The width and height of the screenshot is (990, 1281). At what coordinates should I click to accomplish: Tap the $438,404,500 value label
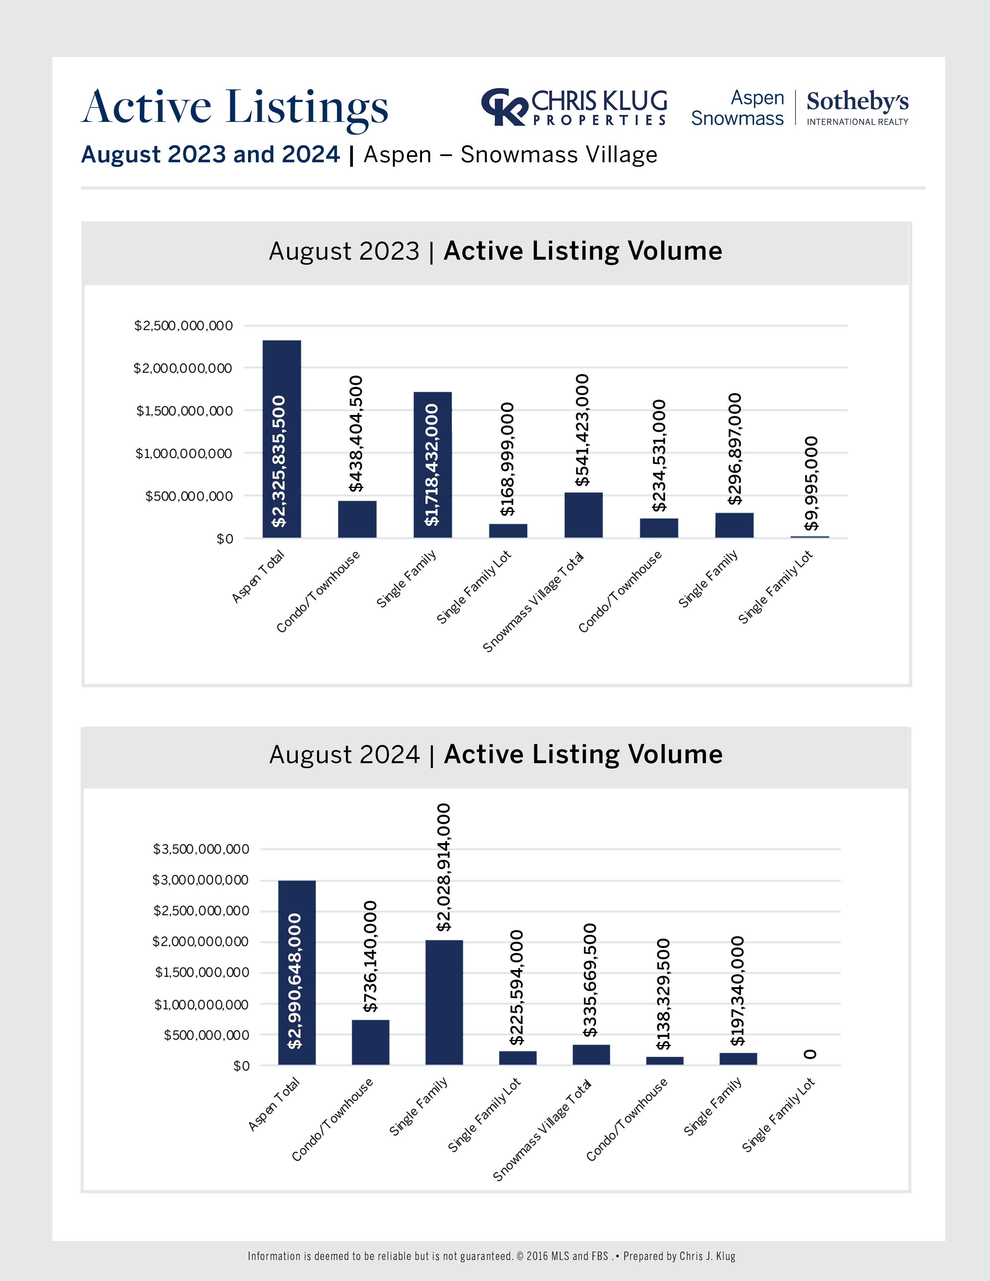[x=356, y=434]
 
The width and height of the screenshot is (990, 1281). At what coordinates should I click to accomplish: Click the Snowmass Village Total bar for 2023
[x=583, y=515]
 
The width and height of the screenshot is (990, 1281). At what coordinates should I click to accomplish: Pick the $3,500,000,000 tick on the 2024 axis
[x=201, y=849]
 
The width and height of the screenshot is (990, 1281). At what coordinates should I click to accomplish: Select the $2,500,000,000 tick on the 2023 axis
[x=184, y=326]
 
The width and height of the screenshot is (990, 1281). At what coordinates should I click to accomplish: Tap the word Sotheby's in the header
[x=857, y=101]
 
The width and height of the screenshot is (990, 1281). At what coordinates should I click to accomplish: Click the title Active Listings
[x=234, y=108]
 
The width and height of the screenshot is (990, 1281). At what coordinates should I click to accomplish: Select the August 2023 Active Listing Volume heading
[x=496, y=251]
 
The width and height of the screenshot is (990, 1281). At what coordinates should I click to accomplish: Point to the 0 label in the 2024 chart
[x=810, y=1054]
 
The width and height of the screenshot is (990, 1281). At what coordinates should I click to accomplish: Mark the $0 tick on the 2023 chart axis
[x=225, y=538]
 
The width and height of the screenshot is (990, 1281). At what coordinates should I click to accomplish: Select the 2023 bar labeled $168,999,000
[x=508, y=530]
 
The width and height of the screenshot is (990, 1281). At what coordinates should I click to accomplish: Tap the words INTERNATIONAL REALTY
[x=857, y=122]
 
